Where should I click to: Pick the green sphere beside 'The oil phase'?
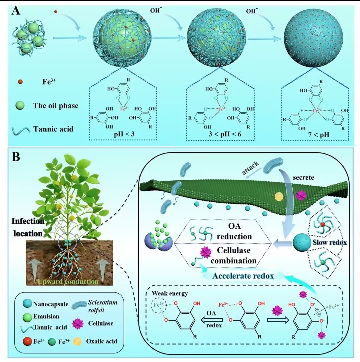21,106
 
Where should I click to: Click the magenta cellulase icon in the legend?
78,323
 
